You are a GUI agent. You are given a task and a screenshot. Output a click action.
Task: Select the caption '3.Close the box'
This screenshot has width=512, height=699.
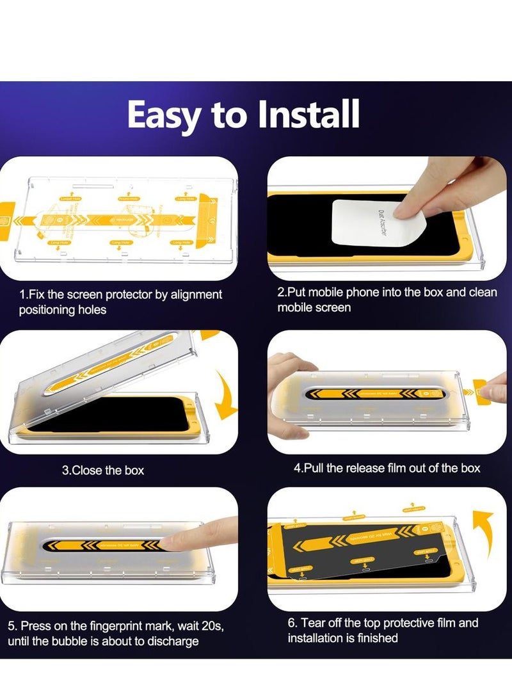(x=103, y=470)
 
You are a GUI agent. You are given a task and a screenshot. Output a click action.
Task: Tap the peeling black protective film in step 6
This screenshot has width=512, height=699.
(x=333, y=550)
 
